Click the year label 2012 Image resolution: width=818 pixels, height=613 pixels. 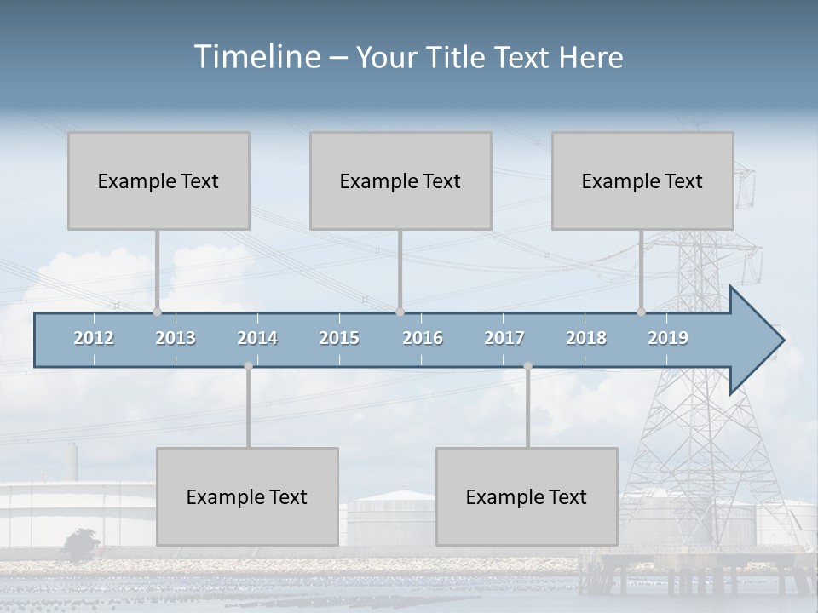tap(94, 338)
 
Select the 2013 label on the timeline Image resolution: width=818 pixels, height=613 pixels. tap(176, 338)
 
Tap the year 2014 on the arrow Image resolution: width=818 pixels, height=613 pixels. tap(257, 338)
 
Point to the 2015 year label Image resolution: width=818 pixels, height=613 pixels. tap(339, 338)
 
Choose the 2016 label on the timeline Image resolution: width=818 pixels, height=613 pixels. tap(423, 338)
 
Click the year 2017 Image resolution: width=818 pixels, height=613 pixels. tap(504, 338)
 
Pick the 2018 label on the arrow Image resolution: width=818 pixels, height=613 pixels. tap(586, 338)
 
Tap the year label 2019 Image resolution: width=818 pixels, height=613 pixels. tap(668, 338)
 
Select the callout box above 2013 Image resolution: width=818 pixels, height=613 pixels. tap(158, 180)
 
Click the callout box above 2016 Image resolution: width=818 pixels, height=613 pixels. tap(400, 180)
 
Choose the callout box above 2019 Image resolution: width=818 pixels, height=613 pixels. tap(642, 180)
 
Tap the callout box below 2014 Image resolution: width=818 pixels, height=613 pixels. tap(247, 496)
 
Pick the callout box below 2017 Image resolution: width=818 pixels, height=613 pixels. tap(527, 496)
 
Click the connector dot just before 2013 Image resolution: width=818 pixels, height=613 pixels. tap(157, 312)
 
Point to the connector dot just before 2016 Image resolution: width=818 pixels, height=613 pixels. tap(400, 312)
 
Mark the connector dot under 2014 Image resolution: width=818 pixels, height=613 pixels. tap(248, 366)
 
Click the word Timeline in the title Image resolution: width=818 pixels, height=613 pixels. tap(256, 57)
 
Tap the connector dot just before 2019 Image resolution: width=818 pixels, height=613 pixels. tap(641, 312)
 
